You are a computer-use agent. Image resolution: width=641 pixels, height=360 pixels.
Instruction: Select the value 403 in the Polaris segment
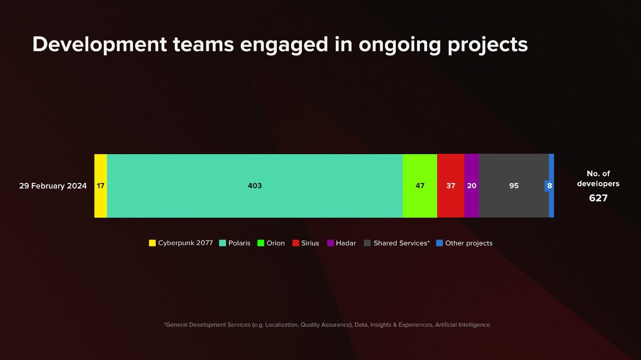[x=255, y=186]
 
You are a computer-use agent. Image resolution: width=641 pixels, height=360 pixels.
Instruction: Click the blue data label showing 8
[x=549, y=186]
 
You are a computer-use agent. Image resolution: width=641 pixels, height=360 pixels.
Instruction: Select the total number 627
[x=598, y=198]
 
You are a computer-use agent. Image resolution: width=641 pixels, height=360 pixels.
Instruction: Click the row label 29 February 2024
[x=53, y=186]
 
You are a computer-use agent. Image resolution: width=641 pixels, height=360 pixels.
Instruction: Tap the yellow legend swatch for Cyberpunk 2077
[x=152, y=243]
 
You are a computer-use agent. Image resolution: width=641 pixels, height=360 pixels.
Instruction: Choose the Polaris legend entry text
[x=239, y=243]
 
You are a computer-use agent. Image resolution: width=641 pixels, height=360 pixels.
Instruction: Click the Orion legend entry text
[x=276, y=243]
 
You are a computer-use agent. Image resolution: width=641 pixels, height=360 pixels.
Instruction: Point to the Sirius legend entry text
[x=310, y=243]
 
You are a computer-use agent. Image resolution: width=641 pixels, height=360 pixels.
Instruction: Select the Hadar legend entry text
[x=346, y=243]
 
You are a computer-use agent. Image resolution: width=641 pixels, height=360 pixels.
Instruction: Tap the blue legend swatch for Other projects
[x=439, y=243]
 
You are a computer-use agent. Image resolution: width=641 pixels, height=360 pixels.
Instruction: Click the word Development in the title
[x=99, y=44]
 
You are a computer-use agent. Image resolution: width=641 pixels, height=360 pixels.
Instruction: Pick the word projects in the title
[x=488, y=45]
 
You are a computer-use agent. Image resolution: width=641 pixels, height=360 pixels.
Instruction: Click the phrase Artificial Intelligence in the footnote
[x=462, y=325]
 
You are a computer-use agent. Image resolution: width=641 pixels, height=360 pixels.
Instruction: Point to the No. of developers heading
[x=598, y=179]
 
